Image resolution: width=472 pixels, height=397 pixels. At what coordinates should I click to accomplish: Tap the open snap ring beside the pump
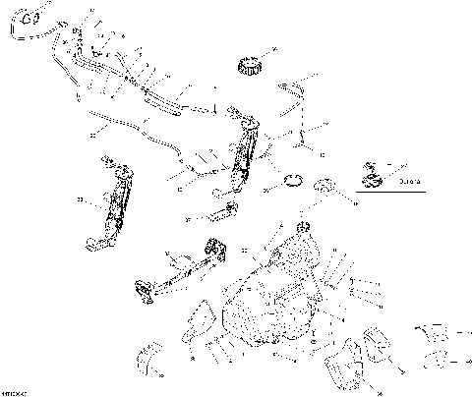pos(293,181)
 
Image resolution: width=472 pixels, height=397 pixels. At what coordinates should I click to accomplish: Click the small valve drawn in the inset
pos(371,168)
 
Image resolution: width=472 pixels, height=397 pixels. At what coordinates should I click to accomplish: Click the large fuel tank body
pos(280,295)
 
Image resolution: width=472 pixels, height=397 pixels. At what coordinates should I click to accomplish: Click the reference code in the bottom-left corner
pos(14,391)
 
